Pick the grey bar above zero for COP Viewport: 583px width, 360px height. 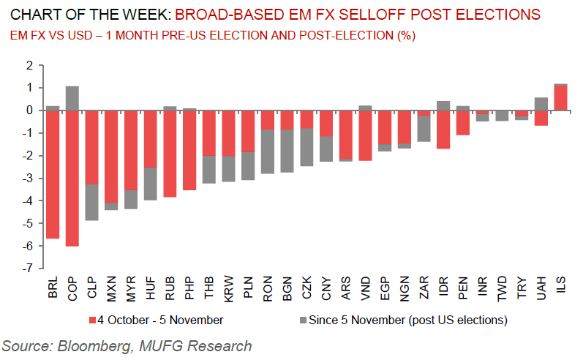[72, 98]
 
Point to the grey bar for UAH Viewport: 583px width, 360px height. [541, 104]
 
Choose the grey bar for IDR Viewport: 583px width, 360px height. [443, 105]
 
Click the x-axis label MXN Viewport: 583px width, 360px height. [112, 288]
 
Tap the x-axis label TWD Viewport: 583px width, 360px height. [503, 288]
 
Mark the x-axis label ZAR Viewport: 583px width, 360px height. [424, 288]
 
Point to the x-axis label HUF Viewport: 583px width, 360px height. [151, 288]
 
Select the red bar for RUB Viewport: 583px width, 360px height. [170, 154]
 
